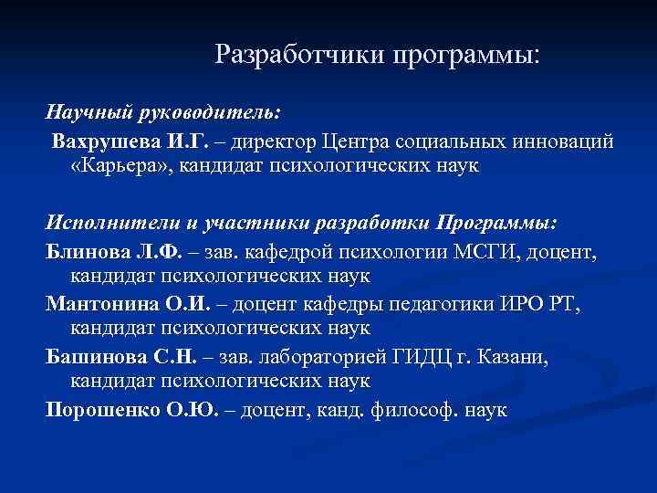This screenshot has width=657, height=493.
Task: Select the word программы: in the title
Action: pos(467,57)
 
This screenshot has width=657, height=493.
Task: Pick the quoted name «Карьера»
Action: pos(119,167)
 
